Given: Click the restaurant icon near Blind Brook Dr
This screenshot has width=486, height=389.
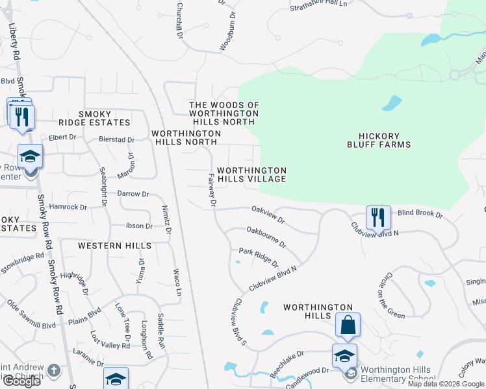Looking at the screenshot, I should point(378,218).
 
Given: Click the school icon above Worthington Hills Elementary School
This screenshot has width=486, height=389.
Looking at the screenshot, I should point(344,356).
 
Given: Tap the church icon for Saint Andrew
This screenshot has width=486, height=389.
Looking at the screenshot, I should point(53,371).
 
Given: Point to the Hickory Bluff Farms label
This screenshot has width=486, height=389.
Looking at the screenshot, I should point(385,140).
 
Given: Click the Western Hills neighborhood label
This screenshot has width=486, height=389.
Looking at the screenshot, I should point(114,246).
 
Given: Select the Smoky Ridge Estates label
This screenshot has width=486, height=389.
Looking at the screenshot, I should point(104,117).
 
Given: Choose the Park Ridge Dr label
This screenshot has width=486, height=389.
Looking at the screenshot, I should point(258,257).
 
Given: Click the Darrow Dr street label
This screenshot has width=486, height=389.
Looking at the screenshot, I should point(133,193).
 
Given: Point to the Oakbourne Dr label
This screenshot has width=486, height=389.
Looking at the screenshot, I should point(266,236).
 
